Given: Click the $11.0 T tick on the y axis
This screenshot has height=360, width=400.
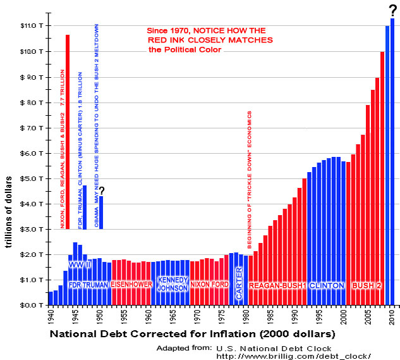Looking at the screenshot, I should [x=28, y=26].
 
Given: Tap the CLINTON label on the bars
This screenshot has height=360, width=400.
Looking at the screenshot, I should [x=327, y=286].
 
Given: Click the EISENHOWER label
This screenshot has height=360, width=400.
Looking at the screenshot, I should [x=131, y=285].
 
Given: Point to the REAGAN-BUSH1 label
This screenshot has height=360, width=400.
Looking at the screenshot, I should [x=277, y=286].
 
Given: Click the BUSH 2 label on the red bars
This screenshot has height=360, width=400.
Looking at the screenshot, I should [x=367, y=286].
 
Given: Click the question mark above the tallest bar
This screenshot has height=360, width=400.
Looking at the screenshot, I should [x=392, y=9].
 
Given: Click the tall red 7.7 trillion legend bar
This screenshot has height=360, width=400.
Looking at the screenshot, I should [x=68, y=127].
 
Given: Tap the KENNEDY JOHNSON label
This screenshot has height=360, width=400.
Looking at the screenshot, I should [x=172, y=284].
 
